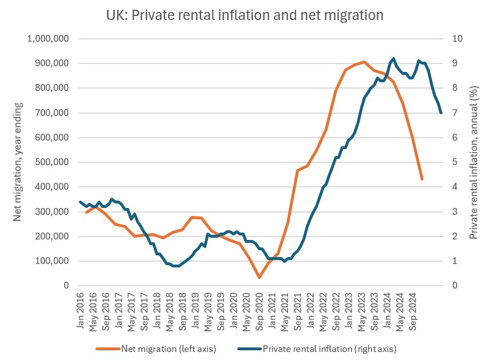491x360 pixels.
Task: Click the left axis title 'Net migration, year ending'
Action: click(x=18, y=162)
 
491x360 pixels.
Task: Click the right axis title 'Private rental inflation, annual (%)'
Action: click(x=473, y=162)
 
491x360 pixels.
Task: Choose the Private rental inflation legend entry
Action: click(x=320, y=348)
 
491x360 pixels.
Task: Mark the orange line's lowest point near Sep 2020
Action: click(x=259, y=277)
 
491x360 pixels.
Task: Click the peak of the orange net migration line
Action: click(x=364, y=62)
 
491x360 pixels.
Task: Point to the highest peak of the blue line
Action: click(x=393, y=58)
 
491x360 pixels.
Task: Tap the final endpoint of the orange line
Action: click(x=422, y=179)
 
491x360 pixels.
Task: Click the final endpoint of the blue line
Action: click(x=441, y=113)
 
